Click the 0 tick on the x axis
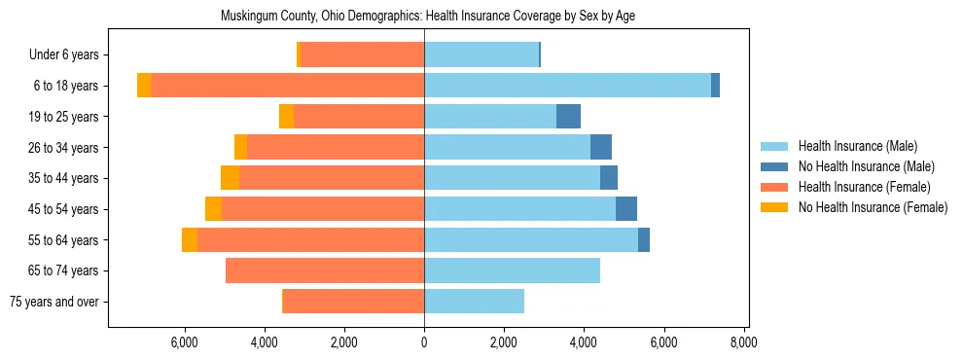pos(424,342)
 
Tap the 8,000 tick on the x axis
pos(743,342)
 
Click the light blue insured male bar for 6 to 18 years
pos(567,86)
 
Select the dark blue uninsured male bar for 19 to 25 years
pos(568,117)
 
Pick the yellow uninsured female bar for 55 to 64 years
pos(190,240)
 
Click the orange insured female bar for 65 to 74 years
pos(325,270)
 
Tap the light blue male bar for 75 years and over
pos(474,302)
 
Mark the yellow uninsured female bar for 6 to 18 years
pos(144,86)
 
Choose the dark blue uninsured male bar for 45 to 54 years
pos(626,209)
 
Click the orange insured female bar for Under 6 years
pos(362,55)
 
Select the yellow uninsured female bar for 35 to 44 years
pos(230,178)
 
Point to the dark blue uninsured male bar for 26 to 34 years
pos(601,148)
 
